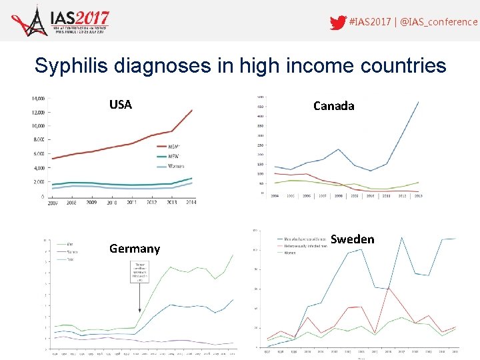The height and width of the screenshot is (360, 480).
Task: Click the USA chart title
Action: pyautogui.click(x=121, y=105)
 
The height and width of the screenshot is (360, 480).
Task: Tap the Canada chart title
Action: pyautogui.click(x=333, y=105)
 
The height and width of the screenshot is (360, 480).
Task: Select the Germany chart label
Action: pyautogui.click(x=135, y=249)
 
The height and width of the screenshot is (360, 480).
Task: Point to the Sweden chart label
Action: pyautogui.click(x=352, y=239)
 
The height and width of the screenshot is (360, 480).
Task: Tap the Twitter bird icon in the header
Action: pyautogui.click(x=338, y=22)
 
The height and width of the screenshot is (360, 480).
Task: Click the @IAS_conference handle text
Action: pyautogui.click(x=439, y=22)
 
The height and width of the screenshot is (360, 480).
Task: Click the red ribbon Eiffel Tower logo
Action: pyautogui.click(x=28, y=21)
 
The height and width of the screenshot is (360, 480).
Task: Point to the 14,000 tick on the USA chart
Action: pyautogui.click(x=37, y=98)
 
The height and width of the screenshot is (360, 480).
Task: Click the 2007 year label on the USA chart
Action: pyautogui.click(x=53, y=203)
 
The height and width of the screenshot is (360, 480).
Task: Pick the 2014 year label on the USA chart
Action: pyautogui.click(x=191, y=203)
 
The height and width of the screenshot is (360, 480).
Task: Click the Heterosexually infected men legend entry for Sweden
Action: pyautogui.click(x=301, y=245)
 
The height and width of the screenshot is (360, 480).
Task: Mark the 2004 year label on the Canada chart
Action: pyautogui.click(x=273, y=196)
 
